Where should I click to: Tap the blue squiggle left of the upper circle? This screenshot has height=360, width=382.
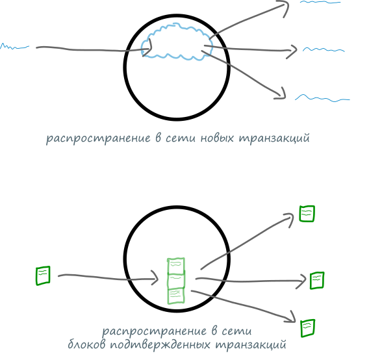click(x=14, y=47)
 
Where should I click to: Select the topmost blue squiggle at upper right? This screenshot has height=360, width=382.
click(x=320, y=2)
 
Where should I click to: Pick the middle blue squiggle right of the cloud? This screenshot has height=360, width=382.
click(x=324, y=50)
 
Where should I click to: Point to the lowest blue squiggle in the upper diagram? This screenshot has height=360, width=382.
click(x=322, y=98)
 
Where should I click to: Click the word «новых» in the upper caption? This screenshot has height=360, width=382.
click(x=217, y=138)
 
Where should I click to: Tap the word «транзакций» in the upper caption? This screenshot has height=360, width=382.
click(x=274, y=138)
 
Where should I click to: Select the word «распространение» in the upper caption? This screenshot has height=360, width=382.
click(x=98, y=138)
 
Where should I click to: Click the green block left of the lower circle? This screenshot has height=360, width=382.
click(x=43, y=276)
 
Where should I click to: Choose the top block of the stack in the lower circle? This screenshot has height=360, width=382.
click(x=176, y=266)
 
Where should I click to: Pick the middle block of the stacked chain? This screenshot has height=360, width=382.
click(x=176, y=281)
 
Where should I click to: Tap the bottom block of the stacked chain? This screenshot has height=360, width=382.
click(x=176, y=296)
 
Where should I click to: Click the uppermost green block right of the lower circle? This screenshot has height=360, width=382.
click(x=307, y=214)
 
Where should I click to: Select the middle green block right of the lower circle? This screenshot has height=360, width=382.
click(x=317, y=281)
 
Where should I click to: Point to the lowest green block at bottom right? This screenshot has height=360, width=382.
click(x=308, y=328)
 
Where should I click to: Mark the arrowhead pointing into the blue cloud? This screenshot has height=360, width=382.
click(x=148, y=47)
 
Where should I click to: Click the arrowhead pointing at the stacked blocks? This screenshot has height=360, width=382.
click(x=155, y=277)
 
